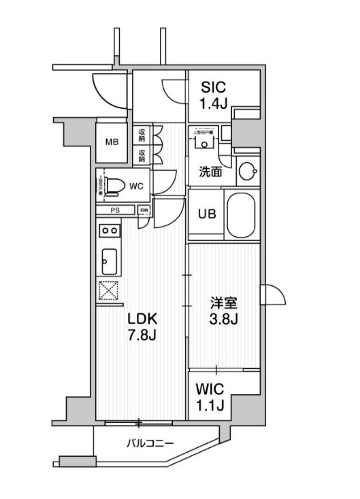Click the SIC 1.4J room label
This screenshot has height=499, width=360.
click(x=213, y=95)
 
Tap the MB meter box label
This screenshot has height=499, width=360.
click(x=112, y=142)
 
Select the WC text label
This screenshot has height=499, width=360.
click(x=135, y=184)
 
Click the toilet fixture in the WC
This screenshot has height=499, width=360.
click(x=115, y=184)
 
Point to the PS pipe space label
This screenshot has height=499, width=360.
click(x=115, y=210)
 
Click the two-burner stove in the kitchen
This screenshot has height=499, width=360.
click(x=109, y=231)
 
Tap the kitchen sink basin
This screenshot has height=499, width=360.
click(x=109, y=259)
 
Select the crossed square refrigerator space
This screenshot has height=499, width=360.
click(x=109, y=291)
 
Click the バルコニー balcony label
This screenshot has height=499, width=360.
click(x=149, y=444)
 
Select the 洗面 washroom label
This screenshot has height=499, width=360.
click(x=210, y=172)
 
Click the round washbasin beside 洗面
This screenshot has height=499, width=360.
click(x=246, y=171)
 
